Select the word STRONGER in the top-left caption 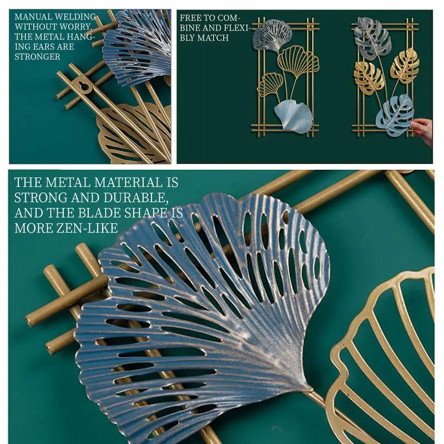pos(37,57)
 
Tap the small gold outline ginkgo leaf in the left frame pos(270,84)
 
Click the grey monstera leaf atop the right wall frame pos(372,39)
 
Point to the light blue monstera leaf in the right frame pos(395,115)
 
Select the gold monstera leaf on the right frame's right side pos(405,66)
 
